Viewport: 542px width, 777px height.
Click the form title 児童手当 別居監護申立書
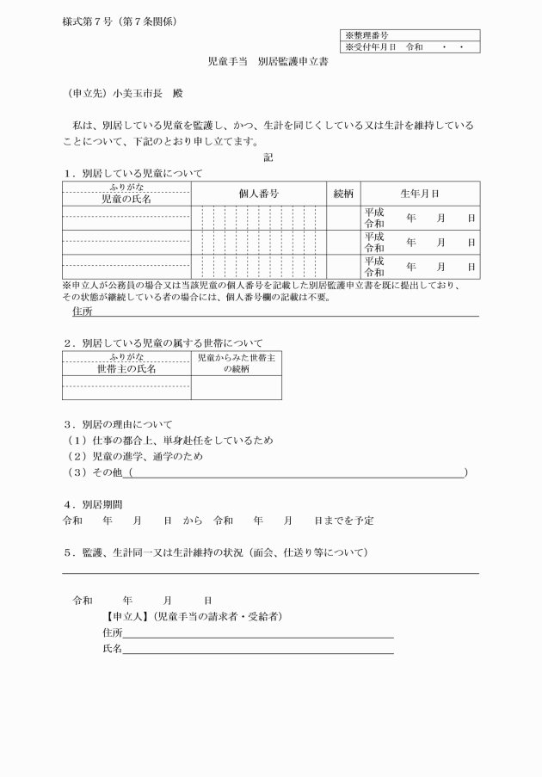coord(270,63)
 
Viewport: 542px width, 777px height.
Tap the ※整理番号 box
coord(410,35)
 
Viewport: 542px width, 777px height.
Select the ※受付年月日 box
coord(410,47)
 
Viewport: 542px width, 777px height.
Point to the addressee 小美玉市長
coord(130,93)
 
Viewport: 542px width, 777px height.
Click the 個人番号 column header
coord(258,194)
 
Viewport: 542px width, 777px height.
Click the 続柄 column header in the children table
coord(342,194)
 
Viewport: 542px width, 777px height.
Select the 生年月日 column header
coord(419,194)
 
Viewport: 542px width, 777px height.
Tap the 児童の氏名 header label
coord(126,199)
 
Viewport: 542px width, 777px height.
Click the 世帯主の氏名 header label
coord(126,368)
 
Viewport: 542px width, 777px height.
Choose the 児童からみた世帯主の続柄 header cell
coord(236,362)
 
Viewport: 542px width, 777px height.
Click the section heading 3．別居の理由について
coord(118,424)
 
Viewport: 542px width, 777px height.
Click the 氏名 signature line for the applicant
coord(258,649)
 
